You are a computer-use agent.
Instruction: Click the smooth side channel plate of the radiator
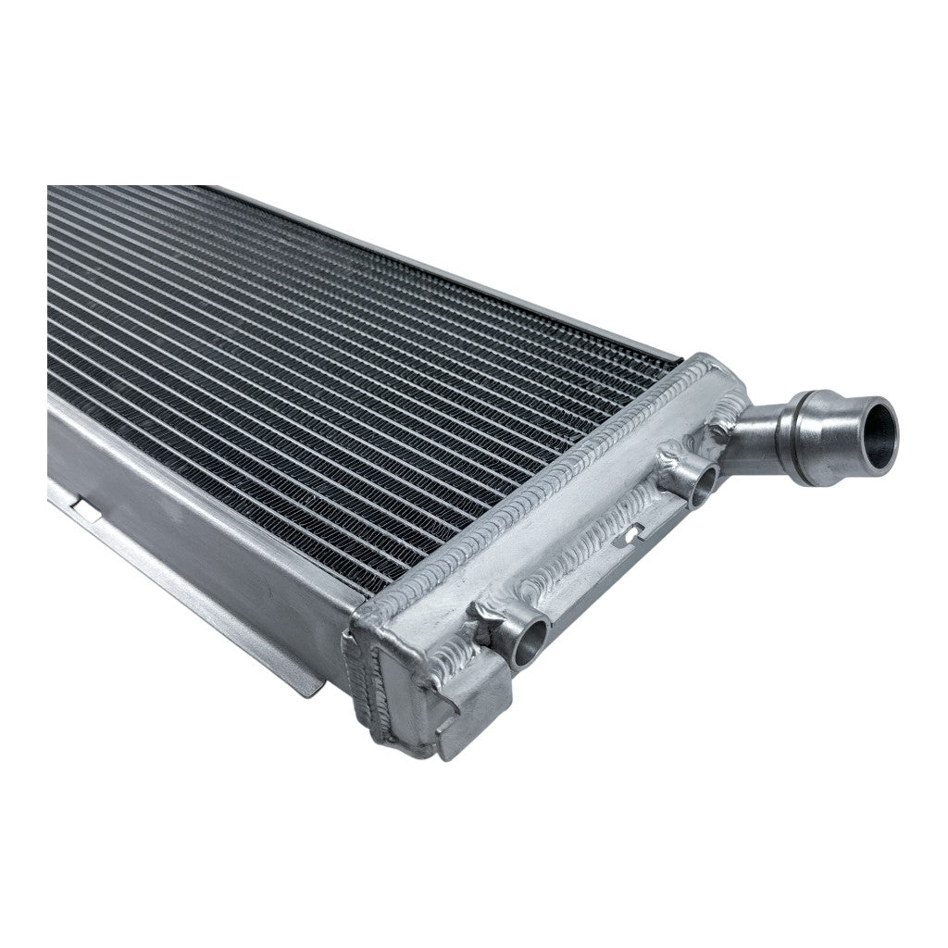pos(204,518)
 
